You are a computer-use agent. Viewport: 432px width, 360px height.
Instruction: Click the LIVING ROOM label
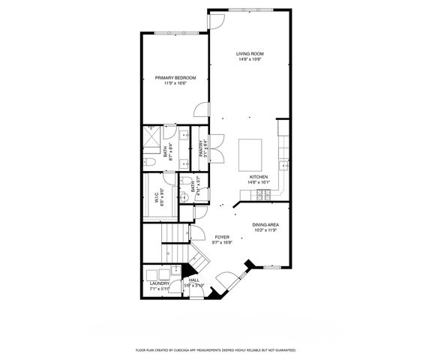[250, 54]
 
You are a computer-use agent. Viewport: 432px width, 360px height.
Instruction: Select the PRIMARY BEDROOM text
[175, 78]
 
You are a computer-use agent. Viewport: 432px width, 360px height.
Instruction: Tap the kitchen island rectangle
[250, 155]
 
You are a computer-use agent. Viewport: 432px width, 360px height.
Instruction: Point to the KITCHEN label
[259, 177]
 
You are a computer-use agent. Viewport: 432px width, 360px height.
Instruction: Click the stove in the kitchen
[265, 195]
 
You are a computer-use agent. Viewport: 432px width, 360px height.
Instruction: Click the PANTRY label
[200, 148]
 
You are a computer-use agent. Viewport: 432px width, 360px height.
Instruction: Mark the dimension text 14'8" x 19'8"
[250, 60]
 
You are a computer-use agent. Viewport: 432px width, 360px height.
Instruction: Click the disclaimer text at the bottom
[215, 349]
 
